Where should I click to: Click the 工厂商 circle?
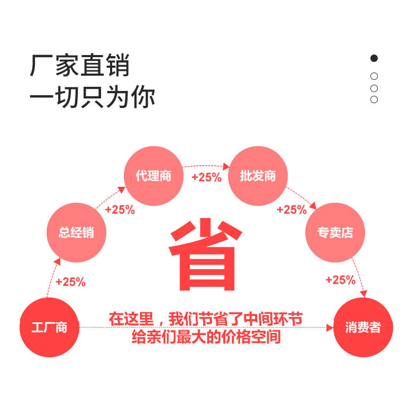point(49,327)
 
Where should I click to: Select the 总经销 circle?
point(77,232)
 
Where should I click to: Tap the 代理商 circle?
point(153,176)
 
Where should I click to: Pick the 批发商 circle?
point(258,176)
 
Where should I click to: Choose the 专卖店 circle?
point(335,232)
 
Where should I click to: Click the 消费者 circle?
point(363,327)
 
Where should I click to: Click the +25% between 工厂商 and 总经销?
point(70,282)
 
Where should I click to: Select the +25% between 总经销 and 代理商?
point(120,210)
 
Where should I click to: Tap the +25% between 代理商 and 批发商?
point(206,177)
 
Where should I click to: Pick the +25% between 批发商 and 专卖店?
point(292,210)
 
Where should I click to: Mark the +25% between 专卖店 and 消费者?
point(340,280)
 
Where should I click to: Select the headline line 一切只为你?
point(92,97)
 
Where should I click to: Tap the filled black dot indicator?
point(374,58)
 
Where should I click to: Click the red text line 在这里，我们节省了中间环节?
point(206,319)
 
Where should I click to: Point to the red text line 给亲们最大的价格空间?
point(206,337)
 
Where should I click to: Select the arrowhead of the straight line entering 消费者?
point(330,328)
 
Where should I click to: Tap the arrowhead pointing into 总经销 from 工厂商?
point(58,260)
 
